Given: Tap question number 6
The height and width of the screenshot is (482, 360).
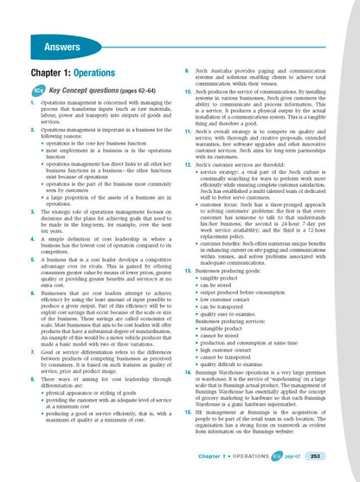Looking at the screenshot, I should click(20, 269).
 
